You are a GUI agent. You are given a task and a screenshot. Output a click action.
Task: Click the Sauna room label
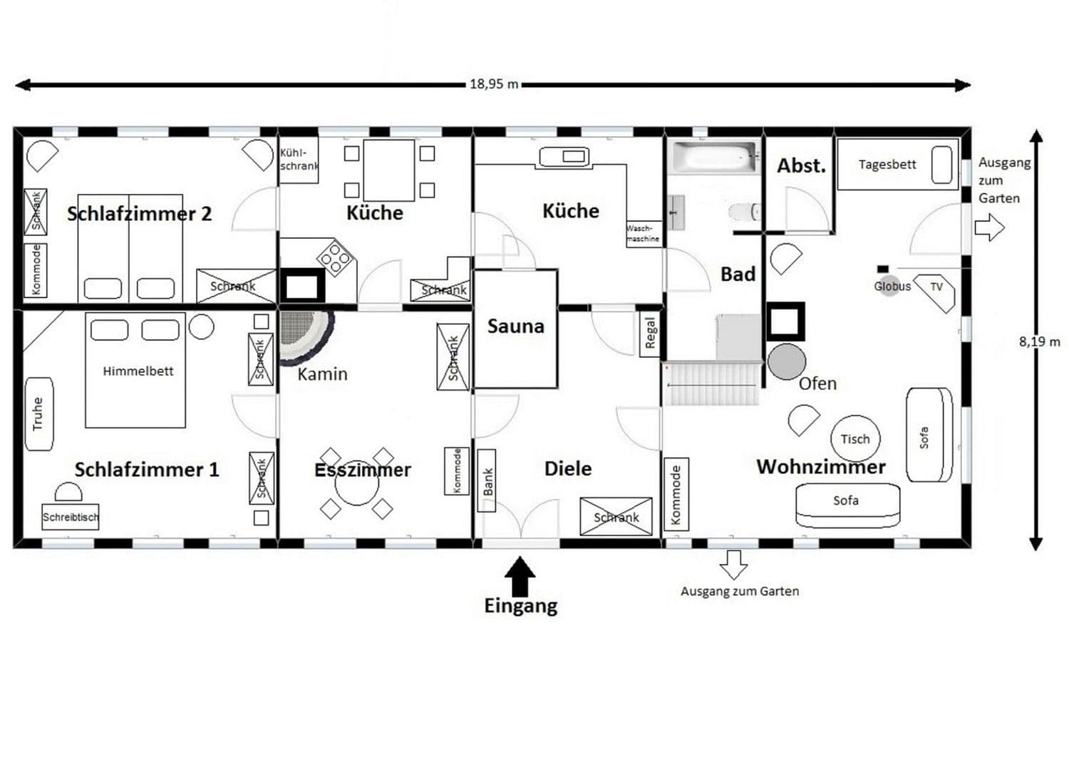point(515,327)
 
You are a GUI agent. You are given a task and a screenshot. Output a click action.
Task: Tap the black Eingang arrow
point(521,575)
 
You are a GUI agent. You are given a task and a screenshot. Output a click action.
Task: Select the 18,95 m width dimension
point(493,84)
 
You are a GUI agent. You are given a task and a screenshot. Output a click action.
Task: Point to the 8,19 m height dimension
point(1038,342)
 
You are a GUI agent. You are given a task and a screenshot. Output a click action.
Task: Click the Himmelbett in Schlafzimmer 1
point(135,370)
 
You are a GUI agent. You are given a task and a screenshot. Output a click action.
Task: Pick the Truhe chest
point(39,414)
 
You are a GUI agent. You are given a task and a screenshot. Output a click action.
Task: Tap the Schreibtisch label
point(70,517)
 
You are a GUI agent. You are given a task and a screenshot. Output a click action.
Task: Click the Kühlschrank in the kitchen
point(298,160)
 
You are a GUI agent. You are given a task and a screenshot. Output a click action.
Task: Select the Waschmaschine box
point(643,233)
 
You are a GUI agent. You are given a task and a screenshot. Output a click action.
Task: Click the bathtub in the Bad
point(714,157)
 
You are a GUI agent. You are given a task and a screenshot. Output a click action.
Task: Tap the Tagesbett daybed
point(897,165)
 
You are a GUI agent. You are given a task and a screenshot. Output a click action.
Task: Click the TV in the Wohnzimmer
point(936,288)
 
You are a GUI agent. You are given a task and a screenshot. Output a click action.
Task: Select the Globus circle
point(888,287)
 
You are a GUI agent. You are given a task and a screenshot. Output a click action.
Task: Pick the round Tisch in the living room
point(855,438)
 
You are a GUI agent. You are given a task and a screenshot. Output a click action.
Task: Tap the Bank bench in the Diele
point(487,481)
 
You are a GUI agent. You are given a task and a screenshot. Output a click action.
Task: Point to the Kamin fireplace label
point(322,374)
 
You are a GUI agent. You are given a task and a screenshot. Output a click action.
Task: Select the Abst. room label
point(801,166)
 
